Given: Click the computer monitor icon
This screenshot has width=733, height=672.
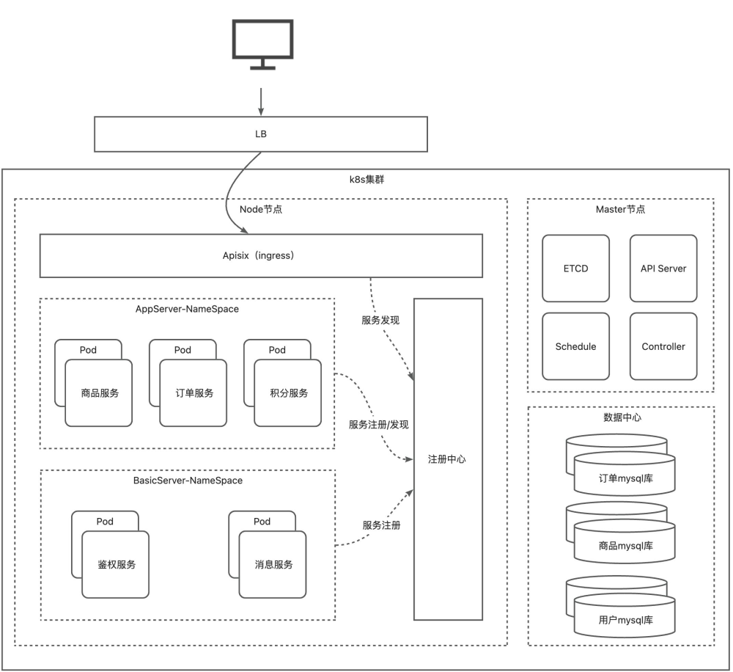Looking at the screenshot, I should click(x=262, y=43).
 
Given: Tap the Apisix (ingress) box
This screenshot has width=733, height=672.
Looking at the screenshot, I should click(x=261, y=255).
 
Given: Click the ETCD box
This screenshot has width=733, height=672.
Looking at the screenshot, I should click(x=575, y=269).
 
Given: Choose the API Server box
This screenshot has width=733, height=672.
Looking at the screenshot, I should click(x=663, y=269).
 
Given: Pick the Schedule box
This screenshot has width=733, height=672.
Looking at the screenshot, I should click(x=575, y=346).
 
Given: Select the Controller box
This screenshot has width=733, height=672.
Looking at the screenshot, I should click(x=663, y=346).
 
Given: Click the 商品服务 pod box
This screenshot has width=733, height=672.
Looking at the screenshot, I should click(x=99, y=393).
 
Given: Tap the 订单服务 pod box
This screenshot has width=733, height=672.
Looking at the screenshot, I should click(x=194, y=393).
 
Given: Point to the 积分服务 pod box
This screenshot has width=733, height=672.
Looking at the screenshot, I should click(x=288, y=393).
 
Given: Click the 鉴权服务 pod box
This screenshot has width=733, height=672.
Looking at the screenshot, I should click(x=116, y=565).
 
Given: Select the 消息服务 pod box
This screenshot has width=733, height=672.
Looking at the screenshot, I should click(x=273, y=565).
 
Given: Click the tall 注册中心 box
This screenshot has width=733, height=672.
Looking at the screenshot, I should click(x=448, y=459).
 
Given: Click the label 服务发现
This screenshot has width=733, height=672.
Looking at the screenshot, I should click(x=380, y=321).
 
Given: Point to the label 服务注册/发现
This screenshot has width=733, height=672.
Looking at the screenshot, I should click(x=378, y=425).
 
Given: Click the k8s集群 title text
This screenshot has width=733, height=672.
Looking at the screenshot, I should click(x=366, y=178).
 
